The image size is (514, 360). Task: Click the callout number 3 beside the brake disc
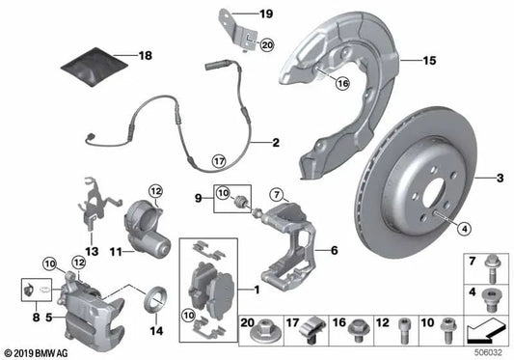pos(500,179)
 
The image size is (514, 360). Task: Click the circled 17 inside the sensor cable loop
pos(219,160)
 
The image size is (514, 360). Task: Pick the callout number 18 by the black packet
pos(146,56)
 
